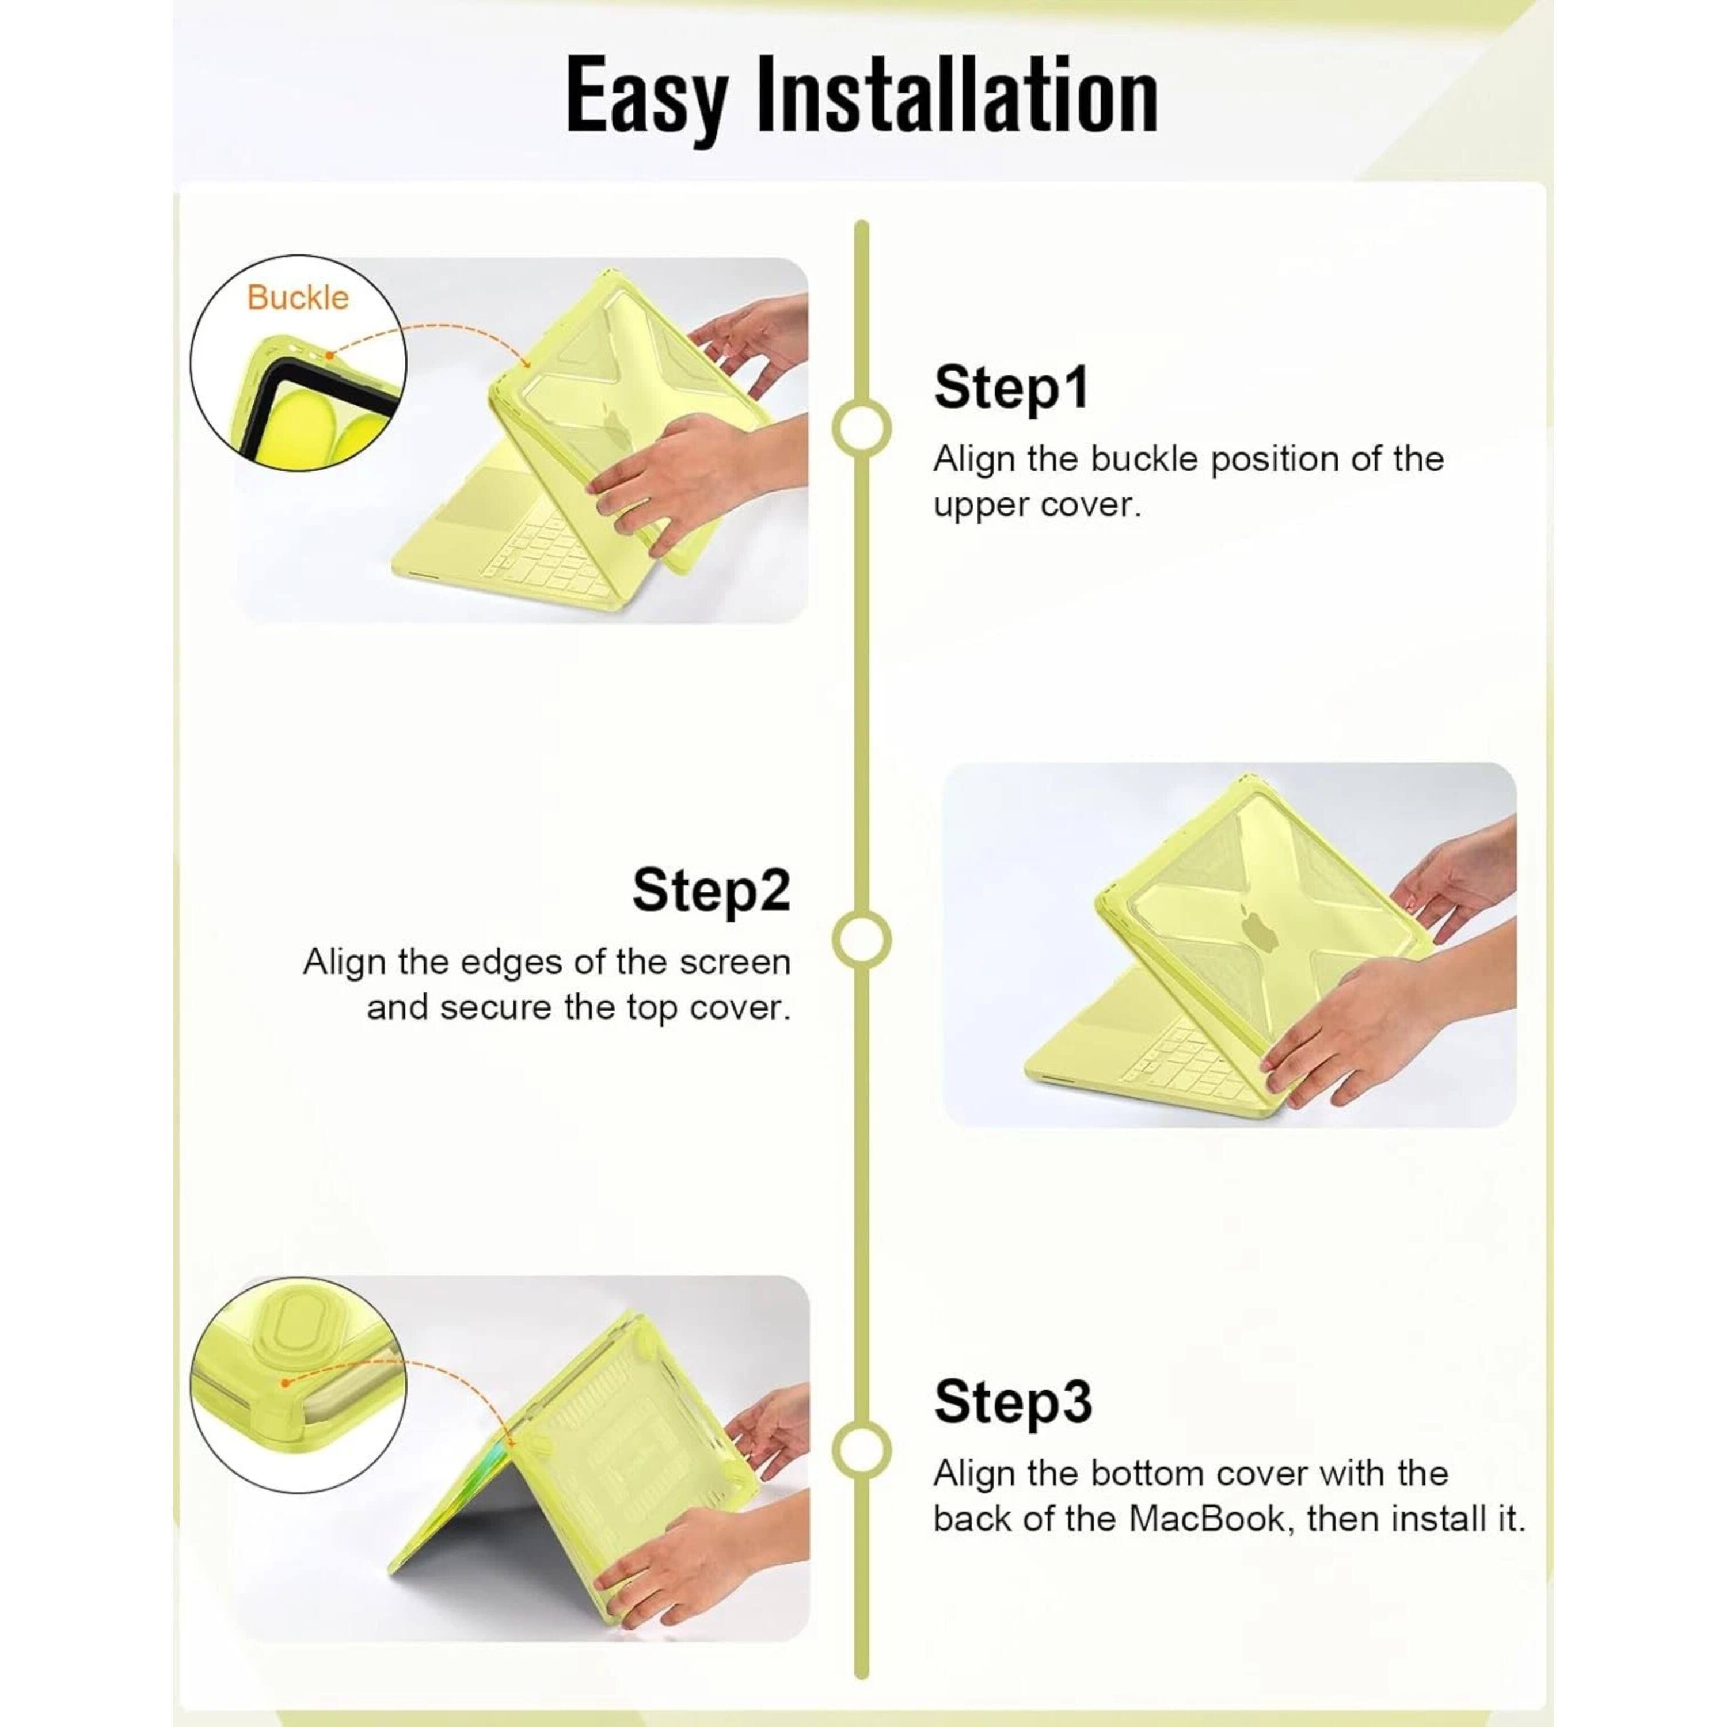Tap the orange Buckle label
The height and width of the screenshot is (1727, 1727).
coord(298,298)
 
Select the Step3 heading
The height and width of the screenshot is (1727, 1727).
coord(1013,1402)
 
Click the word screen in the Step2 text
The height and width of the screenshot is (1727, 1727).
coord(735,963)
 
